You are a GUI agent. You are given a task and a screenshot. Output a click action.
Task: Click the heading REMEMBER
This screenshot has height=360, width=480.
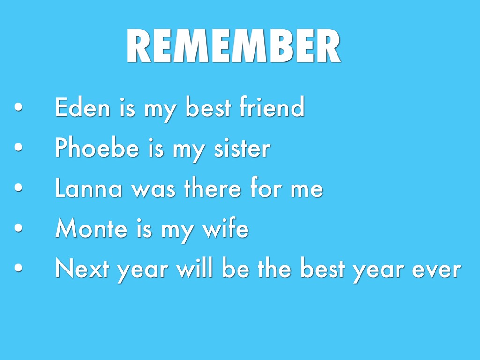(233, 45)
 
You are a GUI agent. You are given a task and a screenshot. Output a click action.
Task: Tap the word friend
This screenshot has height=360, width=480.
(272, 106)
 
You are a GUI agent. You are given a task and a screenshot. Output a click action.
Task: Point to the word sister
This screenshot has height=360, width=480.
(242, 148)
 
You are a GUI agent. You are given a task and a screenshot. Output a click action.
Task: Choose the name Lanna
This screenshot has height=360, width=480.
(89, 187)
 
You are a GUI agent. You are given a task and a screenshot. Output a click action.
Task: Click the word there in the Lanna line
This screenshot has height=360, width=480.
(213, 187)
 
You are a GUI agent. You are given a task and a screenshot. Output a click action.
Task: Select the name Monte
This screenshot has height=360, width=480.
(91, 228)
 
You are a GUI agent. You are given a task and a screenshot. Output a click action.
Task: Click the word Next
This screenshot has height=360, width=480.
(82, 268)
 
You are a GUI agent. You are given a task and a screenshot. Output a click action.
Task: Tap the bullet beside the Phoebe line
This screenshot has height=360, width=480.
(18, 147)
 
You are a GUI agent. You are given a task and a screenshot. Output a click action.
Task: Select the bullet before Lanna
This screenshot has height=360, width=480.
(18, 187)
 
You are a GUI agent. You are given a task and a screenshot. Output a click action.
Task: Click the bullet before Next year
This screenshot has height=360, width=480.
(18, 268)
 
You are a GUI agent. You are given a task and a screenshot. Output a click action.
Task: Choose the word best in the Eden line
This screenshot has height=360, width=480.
(208, 106)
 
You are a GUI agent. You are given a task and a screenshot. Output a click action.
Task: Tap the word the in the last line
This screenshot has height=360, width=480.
(274, 268)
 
